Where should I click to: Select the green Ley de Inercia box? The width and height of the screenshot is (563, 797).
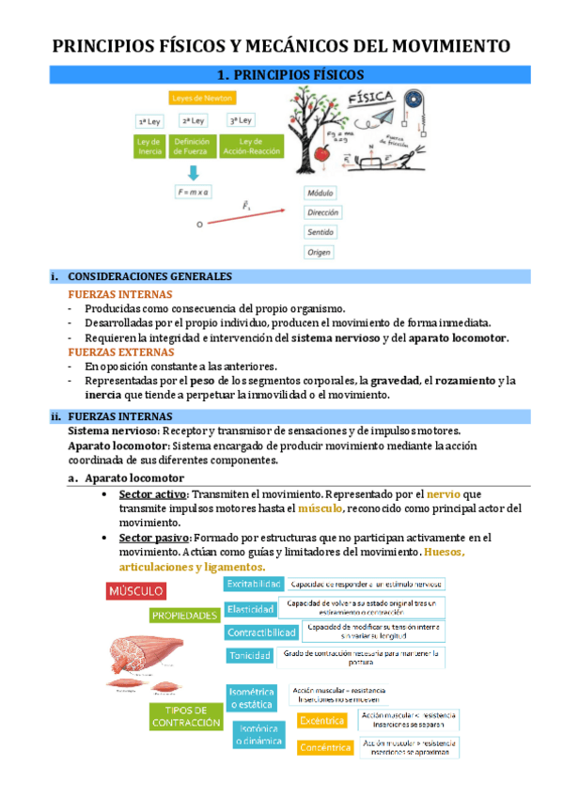149,146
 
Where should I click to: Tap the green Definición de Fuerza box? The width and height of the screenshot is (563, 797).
192,146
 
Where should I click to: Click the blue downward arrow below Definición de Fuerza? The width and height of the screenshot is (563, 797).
193,172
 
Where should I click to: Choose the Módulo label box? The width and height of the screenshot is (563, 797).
321,192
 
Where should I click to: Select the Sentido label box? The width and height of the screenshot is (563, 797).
321,232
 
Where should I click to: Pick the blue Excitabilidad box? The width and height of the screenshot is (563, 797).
253,584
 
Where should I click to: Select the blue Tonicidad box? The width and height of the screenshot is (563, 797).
249,655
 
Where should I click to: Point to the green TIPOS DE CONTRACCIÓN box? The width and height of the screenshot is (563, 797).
180,716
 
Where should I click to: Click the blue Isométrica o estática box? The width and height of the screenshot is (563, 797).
251,696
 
